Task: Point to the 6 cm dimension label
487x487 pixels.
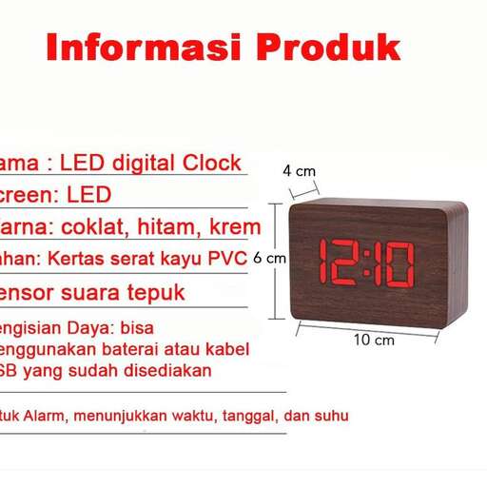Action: (275, 258)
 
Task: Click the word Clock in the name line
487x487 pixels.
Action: (212, 163)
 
